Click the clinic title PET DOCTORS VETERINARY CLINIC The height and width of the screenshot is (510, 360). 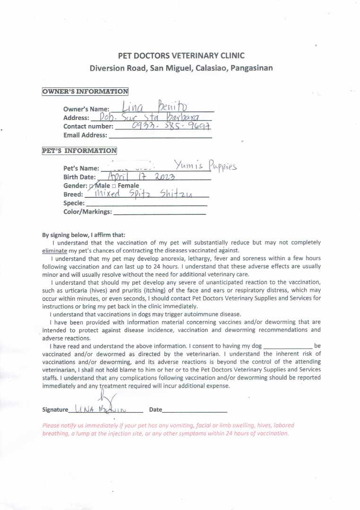181,56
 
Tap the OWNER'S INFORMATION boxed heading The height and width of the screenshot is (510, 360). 85,92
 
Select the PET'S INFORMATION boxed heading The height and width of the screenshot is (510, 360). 79,151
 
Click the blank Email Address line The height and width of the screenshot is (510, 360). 160,136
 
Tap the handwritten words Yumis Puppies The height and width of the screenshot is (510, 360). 204,166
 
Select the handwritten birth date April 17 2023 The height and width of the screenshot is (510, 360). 142,177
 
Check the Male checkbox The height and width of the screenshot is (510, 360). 92,186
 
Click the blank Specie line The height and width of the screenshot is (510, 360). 146,204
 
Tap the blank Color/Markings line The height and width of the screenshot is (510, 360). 160,212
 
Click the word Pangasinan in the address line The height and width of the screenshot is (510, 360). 251,68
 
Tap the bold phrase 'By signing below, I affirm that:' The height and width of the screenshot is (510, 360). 84,235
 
